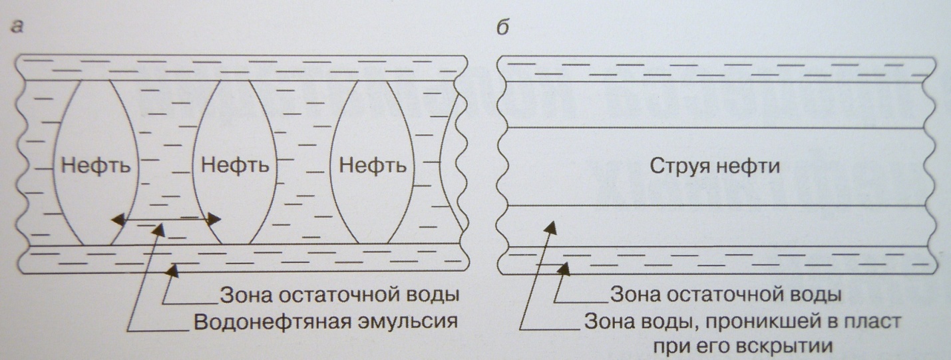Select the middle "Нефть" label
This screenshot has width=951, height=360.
click(230, 164)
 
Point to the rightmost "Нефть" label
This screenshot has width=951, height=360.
click(373, 164)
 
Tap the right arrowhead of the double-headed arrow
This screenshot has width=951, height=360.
click(216, 218)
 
